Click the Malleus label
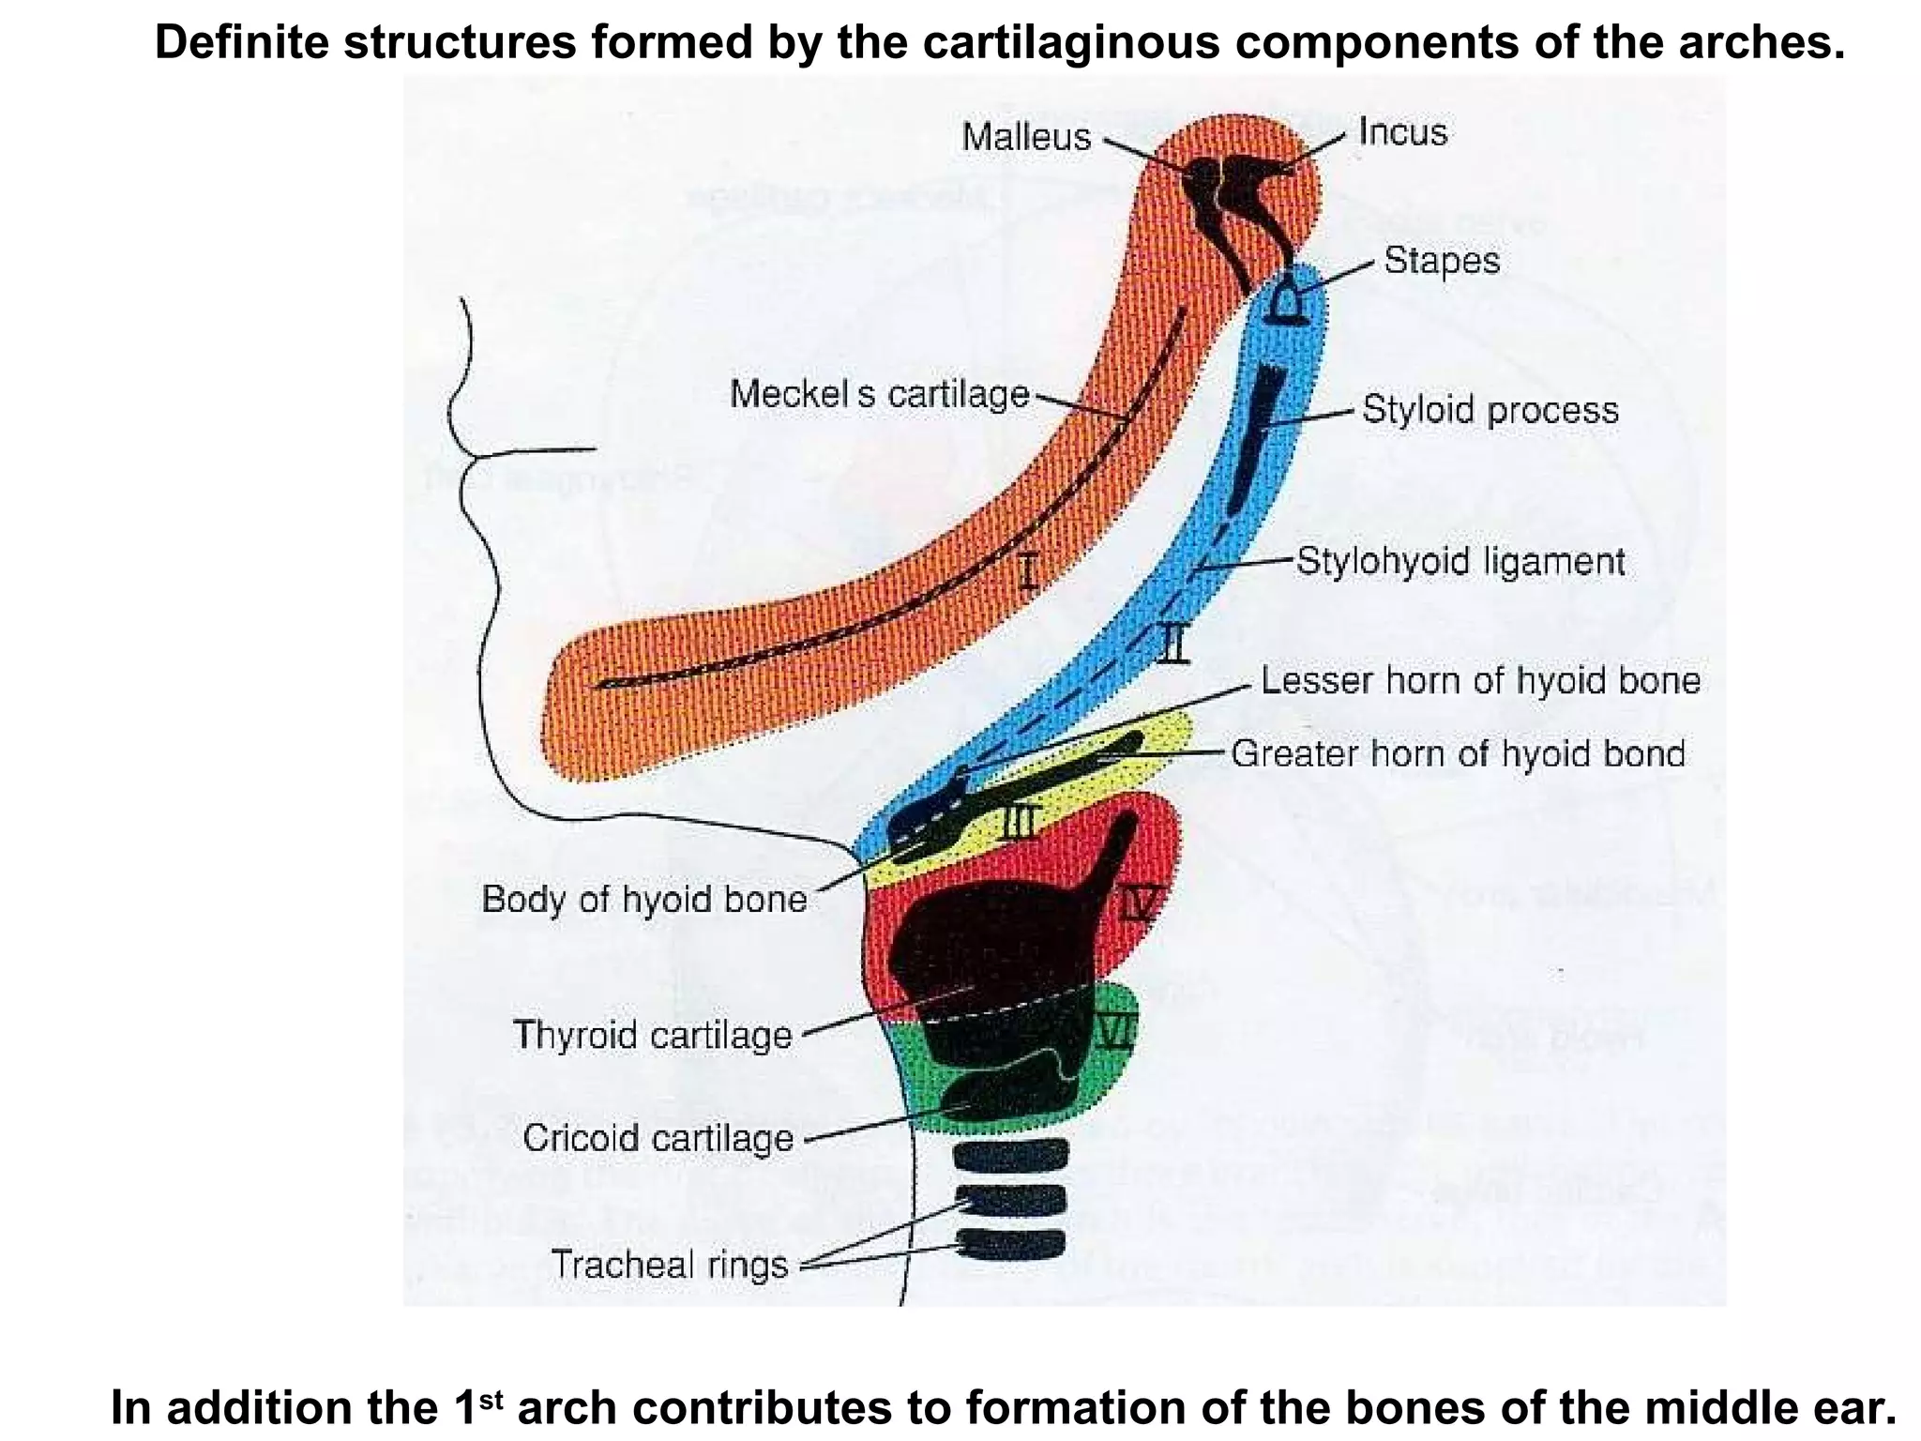(x=1026, y=138)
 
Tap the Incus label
(x=1402, y=132)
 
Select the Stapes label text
(x=1442, y=260)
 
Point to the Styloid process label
(x=1490, y=410)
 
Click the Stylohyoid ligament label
(x=1460, y=561)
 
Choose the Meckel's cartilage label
(x=879, y=394)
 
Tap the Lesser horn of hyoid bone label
(x=1480, y=680)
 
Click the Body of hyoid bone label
(x=644, y=899)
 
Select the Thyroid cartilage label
(x=653, y=1035)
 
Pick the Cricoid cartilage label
(x=658, y=1138)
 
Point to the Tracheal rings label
(x=670, y=1265)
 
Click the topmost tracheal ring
(x=1010, y=1153)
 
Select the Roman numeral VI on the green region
(x=1116, y=1031)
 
